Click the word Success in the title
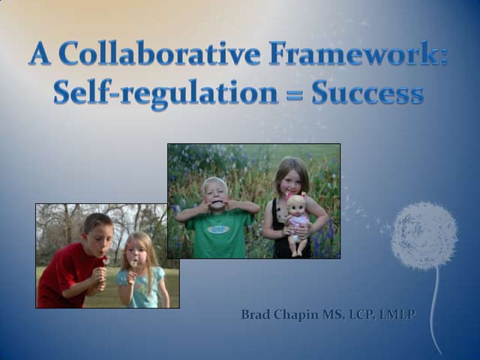click(x=367, y=93)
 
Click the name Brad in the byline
click(x=256, y=314)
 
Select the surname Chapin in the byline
click(x=295, y=314)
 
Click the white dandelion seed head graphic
click(x=424, y=235)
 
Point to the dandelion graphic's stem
click(x=434, y=307)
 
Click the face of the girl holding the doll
click(x=291, y=178)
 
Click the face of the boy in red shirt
click(x=99, y=238)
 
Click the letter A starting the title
click(x=41, y=53)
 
